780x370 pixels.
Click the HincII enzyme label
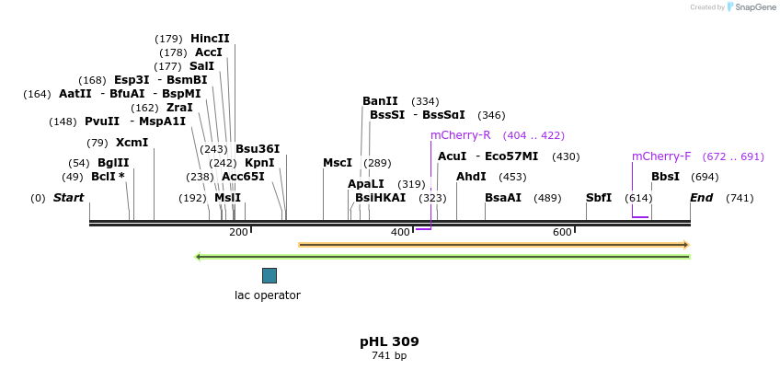[x=210, y=39]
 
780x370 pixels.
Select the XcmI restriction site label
[x=132, y=143]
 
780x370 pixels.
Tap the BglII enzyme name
[x=113, y=163]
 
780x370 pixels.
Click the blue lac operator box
[x=269, y=275]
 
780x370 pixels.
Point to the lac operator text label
[x=268, y=295]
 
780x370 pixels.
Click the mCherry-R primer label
[x=460, y=135]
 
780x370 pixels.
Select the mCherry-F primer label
[x=660, y=156]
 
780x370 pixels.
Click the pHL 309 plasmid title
[x=389, y=341]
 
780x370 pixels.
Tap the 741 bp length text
[x=389, y=355]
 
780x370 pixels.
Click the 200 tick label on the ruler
[x=238, y=232]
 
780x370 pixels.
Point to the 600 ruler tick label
[x=562, y=232]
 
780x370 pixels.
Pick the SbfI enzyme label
[x=599, y=198]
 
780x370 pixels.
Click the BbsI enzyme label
[x=665, y=177]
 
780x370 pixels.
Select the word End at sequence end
[x=701, y=198]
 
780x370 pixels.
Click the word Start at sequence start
[x=68, y=198]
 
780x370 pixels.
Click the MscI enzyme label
[x=338, y=163]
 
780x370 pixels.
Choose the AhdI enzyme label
[x=471, y=177]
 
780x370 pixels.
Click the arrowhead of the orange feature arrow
[x=685, y=245]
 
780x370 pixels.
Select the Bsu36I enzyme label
[x=258, y=149]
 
